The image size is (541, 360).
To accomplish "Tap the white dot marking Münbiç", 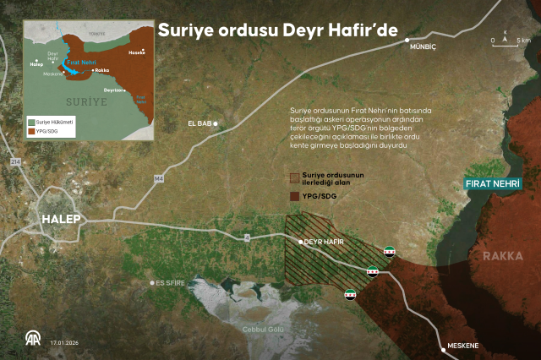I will pos(407,40).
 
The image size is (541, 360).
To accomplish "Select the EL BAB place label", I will pos(199,124).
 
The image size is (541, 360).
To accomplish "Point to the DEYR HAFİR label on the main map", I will pos(326,241).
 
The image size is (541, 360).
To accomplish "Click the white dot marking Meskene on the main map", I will pos(442,346).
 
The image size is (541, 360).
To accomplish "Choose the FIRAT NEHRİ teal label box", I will pos(493,183).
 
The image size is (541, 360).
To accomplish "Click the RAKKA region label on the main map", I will pos(503,255).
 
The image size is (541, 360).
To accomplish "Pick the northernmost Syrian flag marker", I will pos(389,252).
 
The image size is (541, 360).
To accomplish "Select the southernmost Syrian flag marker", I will pos(351,295).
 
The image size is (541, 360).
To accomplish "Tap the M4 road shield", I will pos(158,178).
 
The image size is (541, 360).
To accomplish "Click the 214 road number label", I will pos(14,161).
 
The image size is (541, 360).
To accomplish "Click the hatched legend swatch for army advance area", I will pos(296,178).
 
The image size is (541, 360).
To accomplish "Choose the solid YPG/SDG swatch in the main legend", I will pos(296,195).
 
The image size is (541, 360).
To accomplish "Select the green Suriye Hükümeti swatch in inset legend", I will pos(30,123).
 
